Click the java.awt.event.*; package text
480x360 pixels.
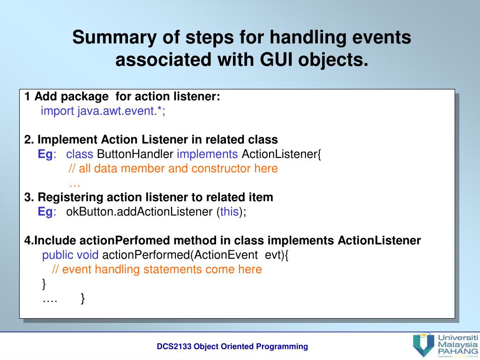click(x=121, y=111)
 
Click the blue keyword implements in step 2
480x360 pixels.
click(x=207, y=154)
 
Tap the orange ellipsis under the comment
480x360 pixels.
click(x=75, y=183)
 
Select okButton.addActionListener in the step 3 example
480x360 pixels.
click(x=139, y=212)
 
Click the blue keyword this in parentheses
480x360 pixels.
click(x=229, y=212)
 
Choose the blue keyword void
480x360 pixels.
click(x=88, y=255)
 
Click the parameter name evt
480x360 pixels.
click(x=274, y=255)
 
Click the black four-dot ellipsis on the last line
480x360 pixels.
click(x=50, y=299)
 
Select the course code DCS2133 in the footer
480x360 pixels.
click(x=174, y=346)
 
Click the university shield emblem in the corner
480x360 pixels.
click(x=423, y=345)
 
